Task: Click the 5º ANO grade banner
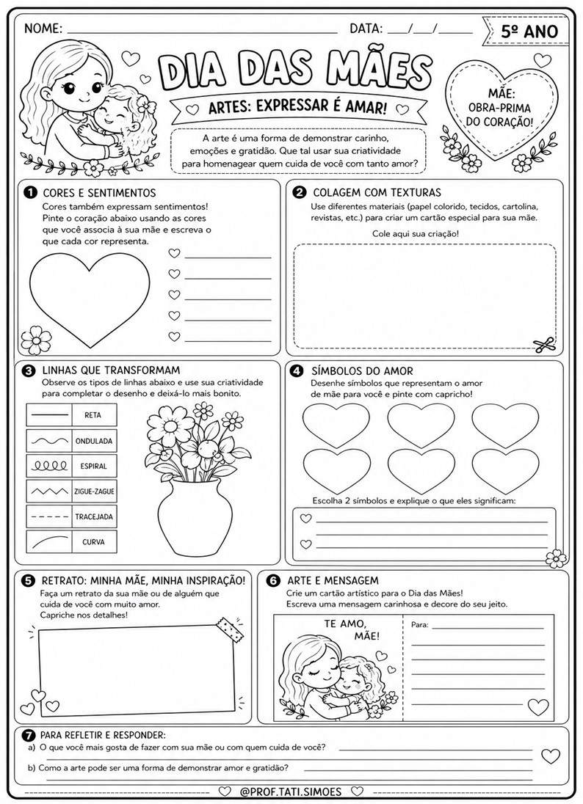pyautogui.click(x=528, y=31)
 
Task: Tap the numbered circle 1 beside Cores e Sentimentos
pyautogui.click(x=30, y=193)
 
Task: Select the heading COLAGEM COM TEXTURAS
pyautogui.click(x=377, y=193)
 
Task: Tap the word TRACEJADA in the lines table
pyautogui.click(x=93, y=516)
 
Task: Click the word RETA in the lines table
pyautogui.click(x=93, y=415)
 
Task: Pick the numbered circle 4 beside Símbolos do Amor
pyautogui.click(x=298, y=370)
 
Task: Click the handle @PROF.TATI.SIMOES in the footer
pyautogui.click(x=292, y=792)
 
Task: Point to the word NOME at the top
pyautogui.click(x=43, y=29)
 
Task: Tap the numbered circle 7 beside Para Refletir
pyautogui.click(x=29, y=735)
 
